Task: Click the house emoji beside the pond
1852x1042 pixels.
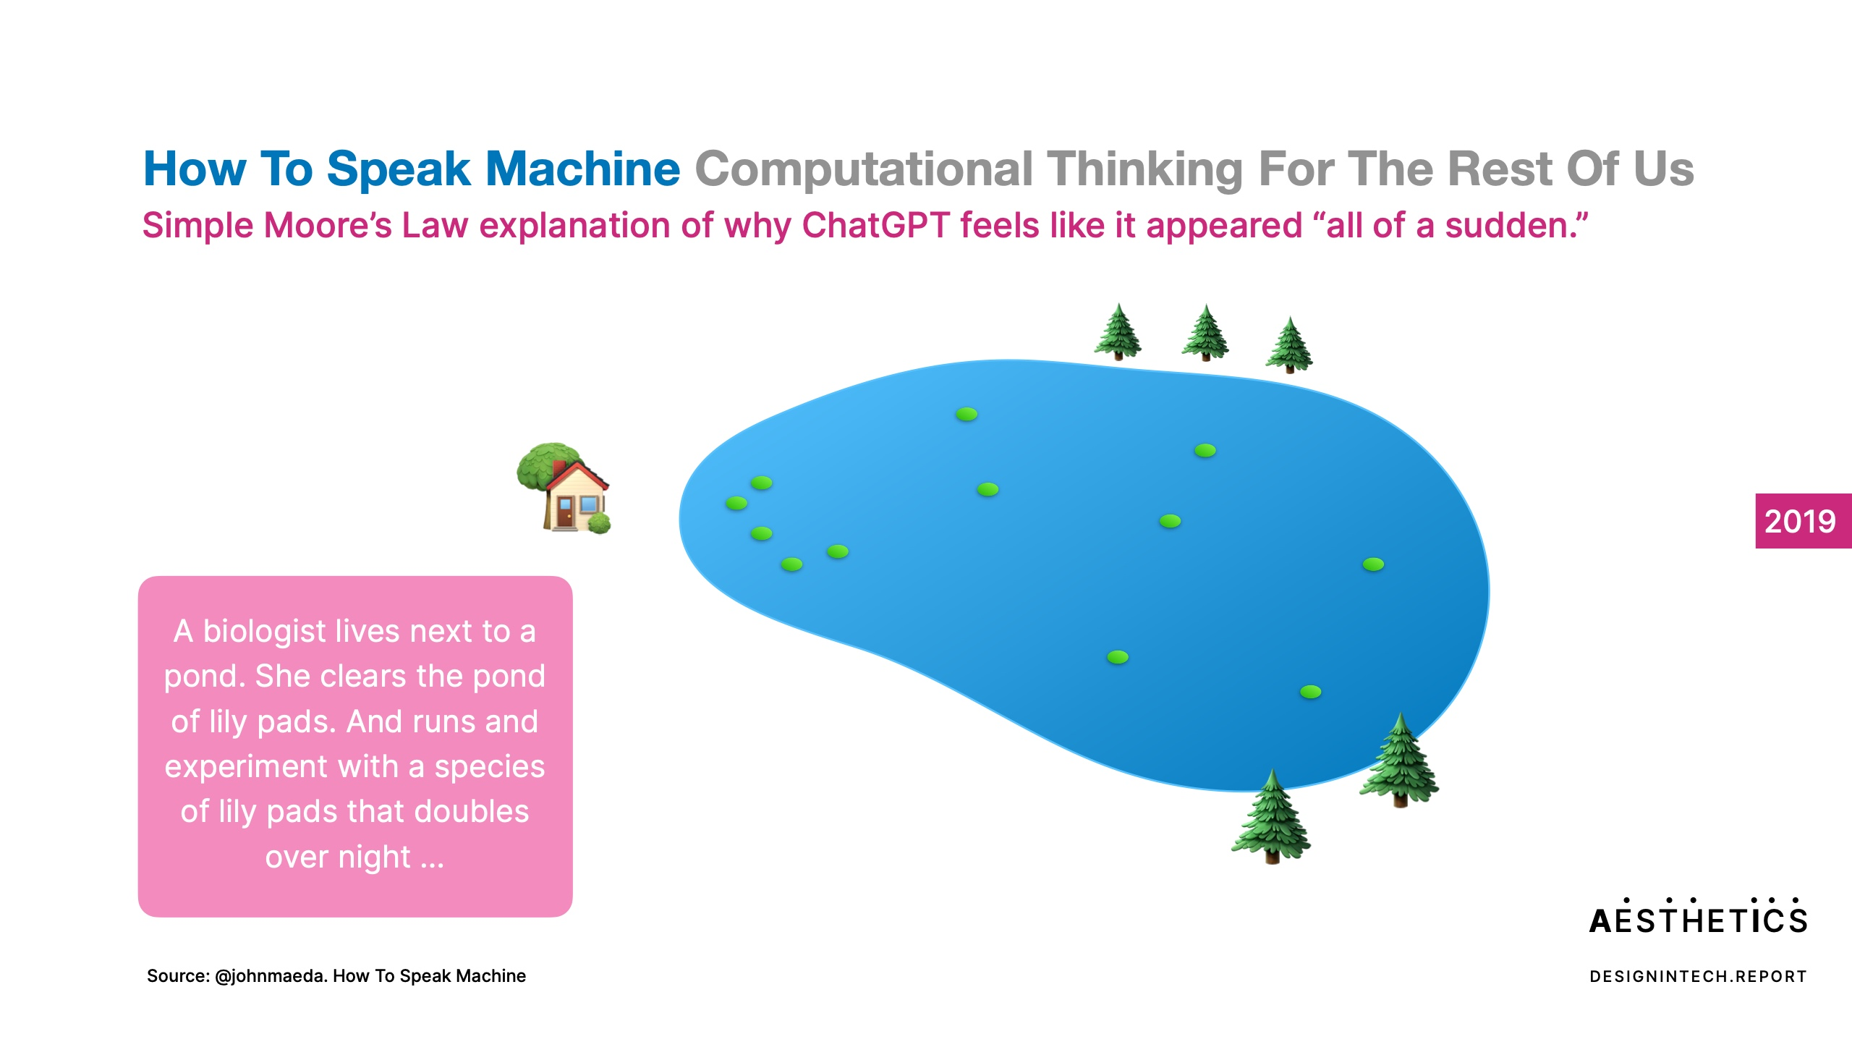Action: coord(564,488)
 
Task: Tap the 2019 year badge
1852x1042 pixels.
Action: coord(1803,521)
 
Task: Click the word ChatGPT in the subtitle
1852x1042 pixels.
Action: coord(875,225)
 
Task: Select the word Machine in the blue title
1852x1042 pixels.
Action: coord(582,169)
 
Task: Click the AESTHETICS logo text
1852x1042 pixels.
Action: coord(1698,917)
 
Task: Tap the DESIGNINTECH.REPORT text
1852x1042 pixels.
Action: coord(1698,977)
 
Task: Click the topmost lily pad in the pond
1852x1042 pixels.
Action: coord(967,415)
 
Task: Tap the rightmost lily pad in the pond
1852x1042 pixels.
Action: coord(1373,564)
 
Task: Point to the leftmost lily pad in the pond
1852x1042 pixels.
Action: coord(736,503)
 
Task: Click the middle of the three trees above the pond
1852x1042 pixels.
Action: coord(1205,333)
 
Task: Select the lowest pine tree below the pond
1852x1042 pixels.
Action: coord(1271,817)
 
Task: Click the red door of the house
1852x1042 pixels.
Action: coord(564,512)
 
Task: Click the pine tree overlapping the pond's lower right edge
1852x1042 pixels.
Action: coord(1399,760)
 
